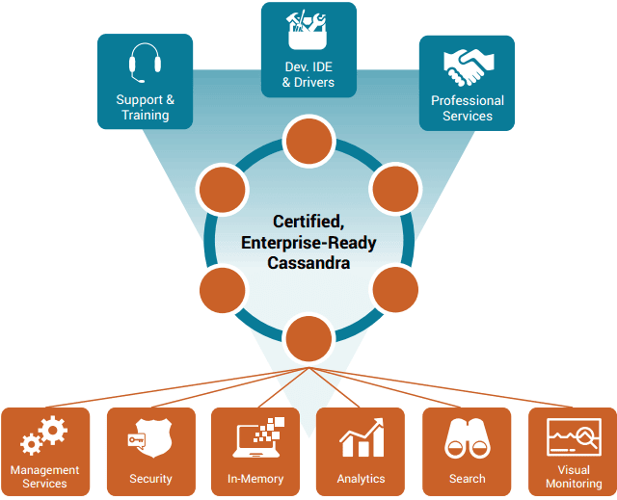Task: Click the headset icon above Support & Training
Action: tap(146, 63)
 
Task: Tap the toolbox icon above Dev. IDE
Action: tap(308, 30)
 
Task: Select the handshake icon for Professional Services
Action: tap(469, 67)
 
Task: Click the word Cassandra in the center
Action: tap(308, 263)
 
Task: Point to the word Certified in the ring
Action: tap(308, 222)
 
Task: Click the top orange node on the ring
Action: tap(308, 141)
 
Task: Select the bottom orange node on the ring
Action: tap(308, 338)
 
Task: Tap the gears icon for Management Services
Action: tap(44, 435)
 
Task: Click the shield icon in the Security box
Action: tap(150, 437)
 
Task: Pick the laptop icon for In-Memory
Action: tap(258, 437)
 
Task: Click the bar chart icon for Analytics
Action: tap(362, 437)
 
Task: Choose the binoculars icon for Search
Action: tap(468, 438)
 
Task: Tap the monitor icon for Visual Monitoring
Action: tap(575, 437)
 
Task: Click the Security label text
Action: tap(150, 479)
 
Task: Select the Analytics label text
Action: tap(361, 479)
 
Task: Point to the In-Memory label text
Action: tap(255, 479)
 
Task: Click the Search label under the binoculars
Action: tap(467, 479)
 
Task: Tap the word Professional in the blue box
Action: tap(468, 100)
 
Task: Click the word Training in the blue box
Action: tap(146, 116)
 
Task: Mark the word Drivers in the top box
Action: tap(314, 83)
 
